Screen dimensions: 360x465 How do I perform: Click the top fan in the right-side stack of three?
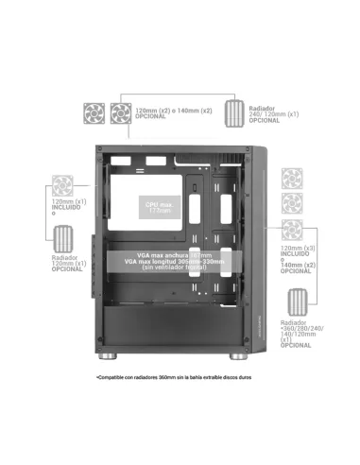292,178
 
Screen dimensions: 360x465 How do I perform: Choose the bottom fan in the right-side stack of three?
292,229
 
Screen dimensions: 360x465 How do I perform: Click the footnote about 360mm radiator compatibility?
172,378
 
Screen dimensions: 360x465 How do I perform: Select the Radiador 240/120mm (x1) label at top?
269,113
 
